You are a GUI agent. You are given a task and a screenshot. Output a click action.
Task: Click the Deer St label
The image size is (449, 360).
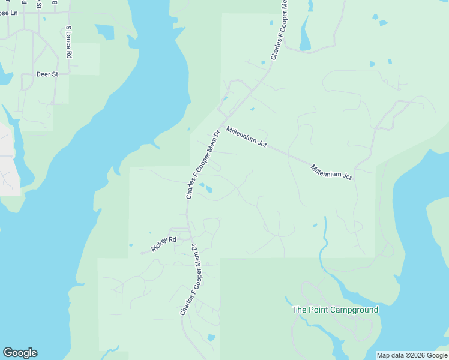[46, 74]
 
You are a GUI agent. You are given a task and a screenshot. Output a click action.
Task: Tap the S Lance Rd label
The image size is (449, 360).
[69, 42]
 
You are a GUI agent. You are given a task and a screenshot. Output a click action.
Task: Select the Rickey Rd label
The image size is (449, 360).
[164, 244]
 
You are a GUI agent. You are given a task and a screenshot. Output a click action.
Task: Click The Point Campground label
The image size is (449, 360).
[335, 310]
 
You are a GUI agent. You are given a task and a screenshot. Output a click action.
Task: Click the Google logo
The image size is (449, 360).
[20, 353]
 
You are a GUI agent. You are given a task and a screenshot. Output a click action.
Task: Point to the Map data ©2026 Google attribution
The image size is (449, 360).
[412, 355]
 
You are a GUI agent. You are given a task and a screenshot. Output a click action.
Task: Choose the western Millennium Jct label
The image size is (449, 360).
[246, 137]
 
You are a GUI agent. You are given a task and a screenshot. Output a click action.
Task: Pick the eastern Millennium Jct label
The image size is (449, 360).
[331, 171]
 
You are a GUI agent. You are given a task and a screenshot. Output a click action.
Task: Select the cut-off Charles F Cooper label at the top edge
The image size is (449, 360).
[277, 30]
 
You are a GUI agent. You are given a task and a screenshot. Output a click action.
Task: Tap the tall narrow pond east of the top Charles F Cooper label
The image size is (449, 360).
[306, 40]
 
